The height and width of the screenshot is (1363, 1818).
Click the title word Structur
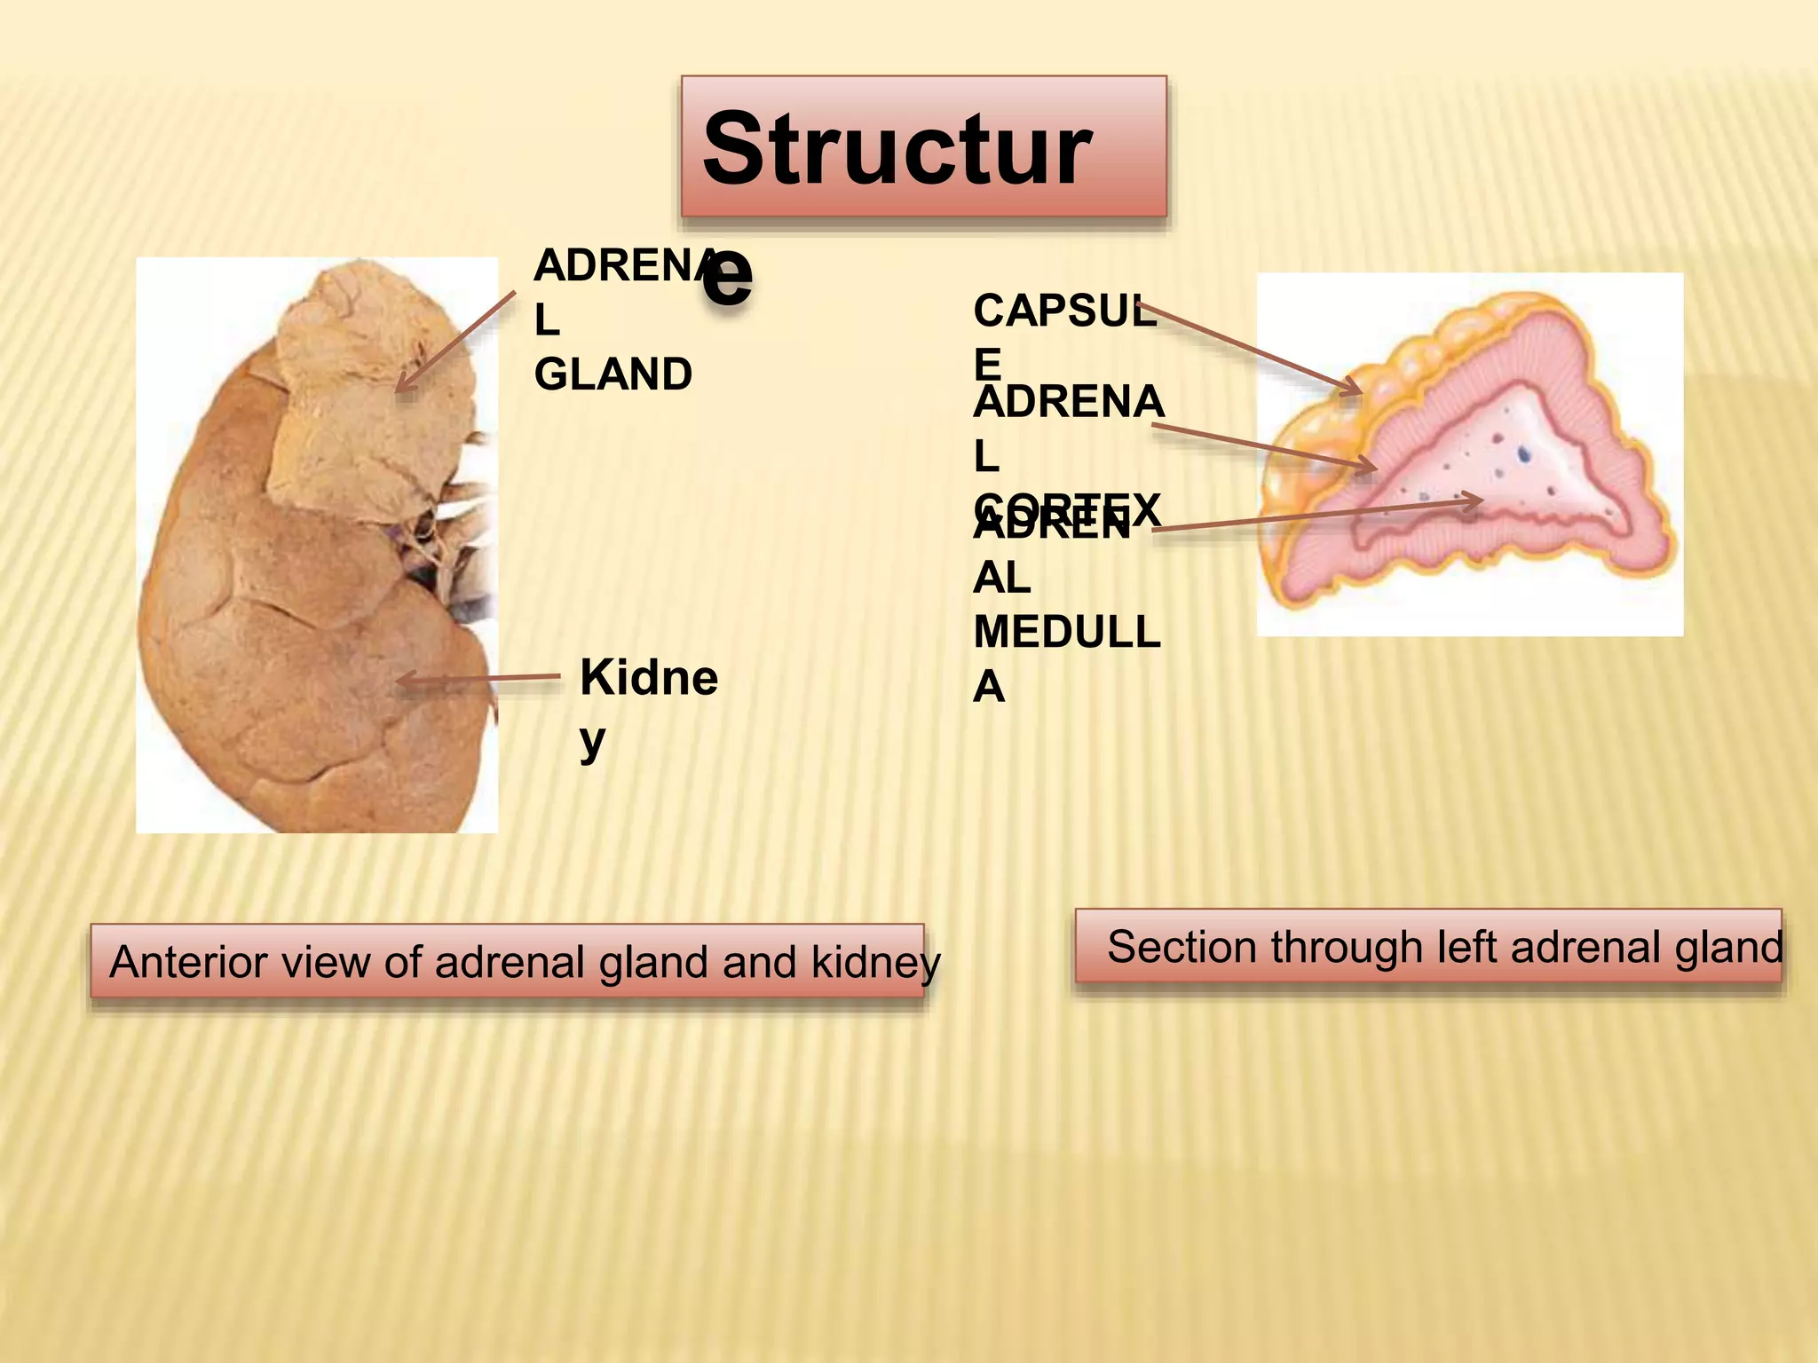pos(897,151)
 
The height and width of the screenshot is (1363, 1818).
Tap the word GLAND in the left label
pos(613,374)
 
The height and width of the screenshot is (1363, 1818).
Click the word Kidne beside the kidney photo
pos(648,679)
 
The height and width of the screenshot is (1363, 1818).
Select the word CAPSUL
pos(1064,311)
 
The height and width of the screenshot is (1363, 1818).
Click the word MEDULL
pos(1066,633)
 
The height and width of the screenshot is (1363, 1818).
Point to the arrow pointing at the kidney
pos(479,680)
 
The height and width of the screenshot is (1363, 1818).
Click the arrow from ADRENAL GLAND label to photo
pos(454,342)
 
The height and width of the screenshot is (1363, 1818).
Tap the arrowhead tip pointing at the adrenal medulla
pos(1481,501)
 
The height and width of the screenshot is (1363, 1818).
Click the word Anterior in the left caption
pos(165,963)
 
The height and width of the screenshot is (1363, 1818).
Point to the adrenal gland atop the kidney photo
pos(373,390)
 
